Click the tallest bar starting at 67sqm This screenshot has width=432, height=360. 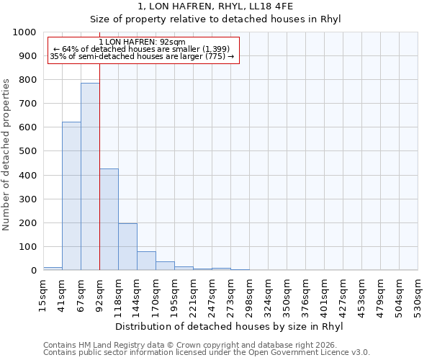[90, 176]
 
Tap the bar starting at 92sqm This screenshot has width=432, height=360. [109, 220]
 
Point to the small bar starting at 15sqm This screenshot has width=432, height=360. [53, 269]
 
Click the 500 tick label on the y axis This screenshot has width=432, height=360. [27, 152]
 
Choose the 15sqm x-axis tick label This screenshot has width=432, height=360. [43, 292]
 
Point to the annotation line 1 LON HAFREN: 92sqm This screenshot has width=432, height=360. [142, 42]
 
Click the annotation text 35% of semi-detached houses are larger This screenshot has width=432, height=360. [142, 56]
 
